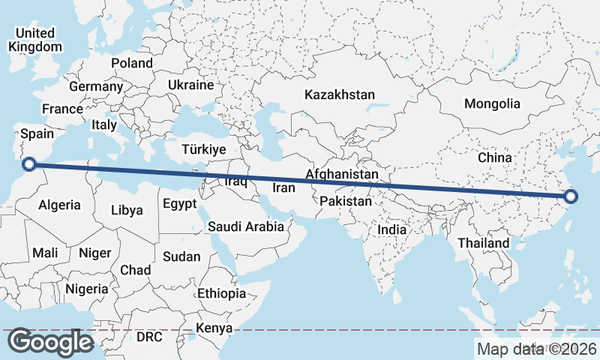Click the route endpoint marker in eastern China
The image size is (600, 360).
click(x=571, y=196)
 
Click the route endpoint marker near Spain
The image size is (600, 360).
click(x=29, y=164)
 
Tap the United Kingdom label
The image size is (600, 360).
click(x=35, y=40)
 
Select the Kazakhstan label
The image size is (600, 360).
click(x=339, y=94)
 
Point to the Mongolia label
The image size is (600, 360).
click(x=492, y=103)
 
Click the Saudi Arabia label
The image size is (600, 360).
click(x=246, y=226)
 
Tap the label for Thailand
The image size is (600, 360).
click(x=484, y=243)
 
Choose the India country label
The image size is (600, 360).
click(x=392, y=229)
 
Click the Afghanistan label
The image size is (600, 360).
click(x=342, y=174)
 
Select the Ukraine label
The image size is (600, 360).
click(x=191, y=85)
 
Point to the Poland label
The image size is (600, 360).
click(x=132, y=63)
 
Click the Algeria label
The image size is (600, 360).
click(x=59, y=205)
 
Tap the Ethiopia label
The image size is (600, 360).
click(x=221, y=293)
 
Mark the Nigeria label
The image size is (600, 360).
click(x=87, y=288)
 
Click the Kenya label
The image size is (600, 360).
click(x=214, y=328)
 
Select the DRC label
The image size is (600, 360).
click(x=149, y=337)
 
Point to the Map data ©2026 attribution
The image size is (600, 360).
click(x=536, y=349)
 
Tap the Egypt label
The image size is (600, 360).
click(x=179, y=203)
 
